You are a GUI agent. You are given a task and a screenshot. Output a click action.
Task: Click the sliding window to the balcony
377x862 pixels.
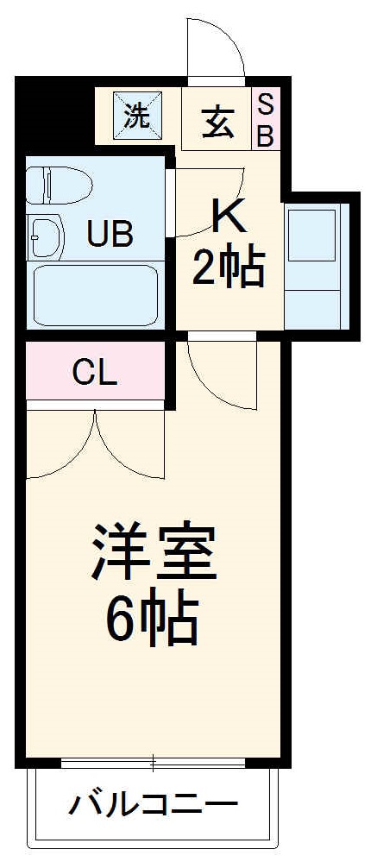(154, 763)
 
